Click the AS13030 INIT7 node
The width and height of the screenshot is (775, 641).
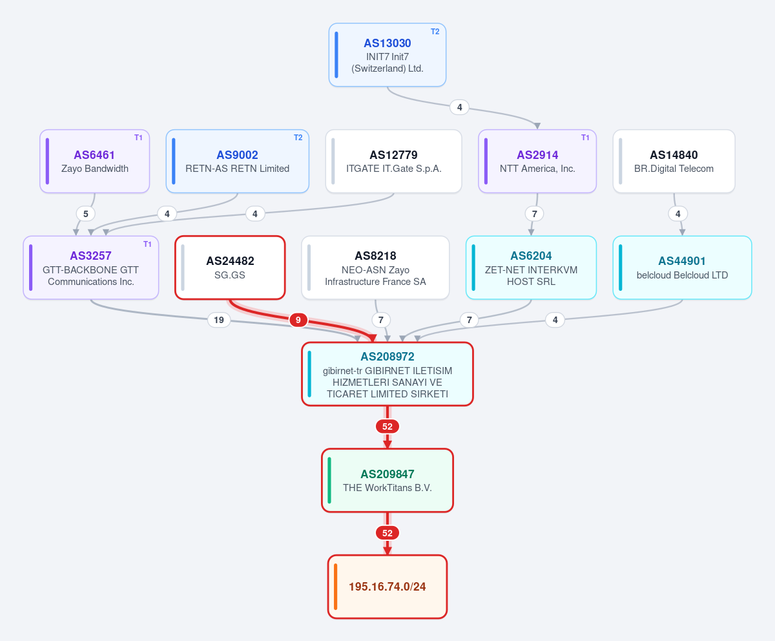387,55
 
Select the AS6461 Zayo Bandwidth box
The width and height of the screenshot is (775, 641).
95,161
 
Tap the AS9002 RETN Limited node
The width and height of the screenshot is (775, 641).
237,161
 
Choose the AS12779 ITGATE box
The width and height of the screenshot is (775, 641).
393,161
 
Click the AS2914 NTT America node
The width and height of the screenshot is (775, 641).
537,161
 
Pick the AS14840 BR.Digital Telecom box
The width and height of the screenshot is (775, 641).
674,161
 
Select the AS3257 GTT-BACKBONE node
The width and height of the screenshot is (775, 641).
91,268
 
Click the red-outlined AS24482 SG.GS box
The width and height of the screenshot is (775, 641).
230,268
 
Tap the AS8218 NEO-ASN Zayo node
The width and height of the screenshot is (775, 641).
375,268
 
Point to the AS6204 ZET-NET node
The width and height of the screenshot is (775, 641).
531,268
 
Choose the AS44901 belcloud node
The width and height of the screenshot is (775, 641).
682,268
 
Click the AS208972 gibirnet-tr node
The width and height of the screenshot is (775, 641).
387,374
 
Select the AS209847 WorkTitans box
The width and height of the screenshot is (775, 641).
387,480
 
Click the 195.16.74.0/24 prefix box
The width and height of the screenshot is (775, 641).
387,587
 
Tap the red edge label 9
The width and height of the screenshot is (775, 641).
298,320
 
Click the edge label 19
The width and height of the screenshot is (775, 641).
219,320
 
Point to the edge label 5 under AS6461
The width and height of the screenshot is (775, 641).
86,214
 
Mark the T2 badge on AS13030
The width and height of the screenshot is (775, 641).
435,32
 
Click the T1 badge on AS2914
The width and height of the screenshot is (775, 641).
585,138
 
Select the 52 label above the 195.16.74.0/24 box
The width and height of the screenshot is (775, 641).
387,533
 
